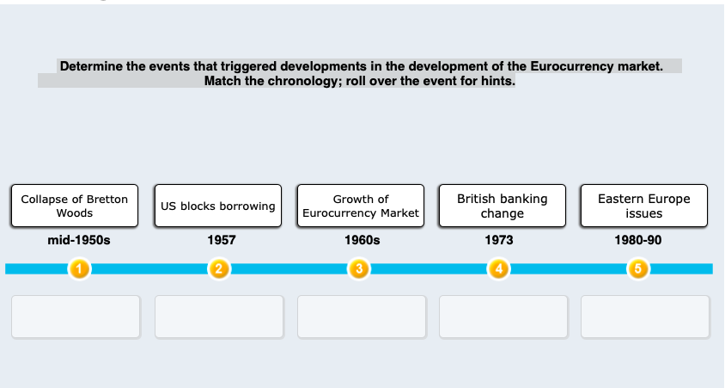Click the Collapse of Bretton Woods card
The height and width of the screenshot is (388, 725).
pos(75,206)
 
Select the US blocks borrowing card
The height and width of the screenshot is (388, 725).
pos(218,206)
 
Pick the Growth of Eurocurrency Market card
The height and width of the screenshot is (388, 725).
pos(361,206)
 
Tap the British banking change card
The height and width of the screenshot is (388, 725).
pos(503,206)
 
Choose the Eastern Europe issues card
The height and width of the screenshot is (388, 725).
pos(644,206)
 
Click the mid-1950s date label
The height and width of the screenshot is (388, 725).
pos(78,240)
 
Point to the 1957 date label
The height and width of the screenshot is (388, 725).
pos(222,240)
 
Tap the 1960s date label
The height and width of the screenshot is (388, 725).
pos(362,240)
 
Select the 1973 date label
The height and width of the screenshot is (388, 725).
pos(499,240)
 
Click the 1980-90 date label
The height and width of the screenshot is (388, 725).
pos(638,240)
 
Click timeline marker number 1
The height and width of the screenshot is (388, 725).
pos(79,269)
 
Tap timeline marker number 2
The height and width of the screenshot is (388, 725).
pos(219,269)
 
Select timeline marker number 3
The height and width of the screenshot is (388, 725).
pos(359,269)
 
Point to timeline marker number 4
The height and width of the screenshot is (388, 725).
pos(499,269)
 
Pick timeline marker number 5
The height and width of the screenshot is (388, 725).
pos(637,269)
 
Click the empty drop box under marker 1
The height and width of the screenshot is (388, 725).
pos(76,317)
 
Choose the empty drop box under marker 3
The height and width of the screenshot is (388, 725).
pos(362,317)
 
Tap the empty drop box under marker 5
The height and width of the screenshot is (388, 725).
pos(645,317)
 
